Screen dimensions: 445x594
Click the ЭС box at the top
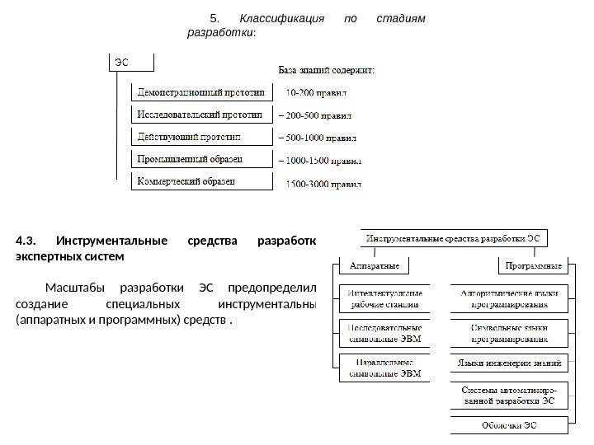click(131, 63)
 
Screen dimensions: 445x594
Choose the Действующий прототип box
click(201, 135)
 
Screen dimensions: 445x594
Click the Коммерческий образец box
click(201, 180)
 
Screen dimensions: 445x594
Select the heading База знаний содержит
click(324, 71)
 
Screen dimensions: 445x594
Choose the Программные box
click(535, 266)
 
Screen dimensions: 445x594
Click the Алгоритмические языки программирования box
click(509, 297)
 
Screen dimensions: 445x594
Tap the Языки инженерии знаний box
click(509, 363)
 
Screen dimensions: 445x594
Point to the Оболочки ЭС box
click(509, 425)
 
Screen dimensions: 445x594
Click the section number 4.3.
click(26, 241)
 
